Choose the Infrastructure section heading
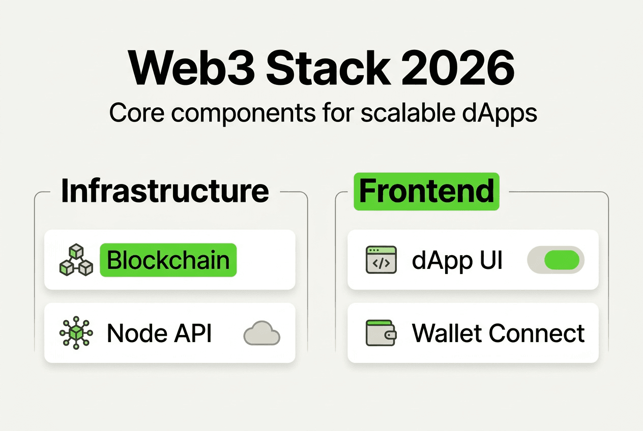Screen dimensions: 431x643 coord(165,191)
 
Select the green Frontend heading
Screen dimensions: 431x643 coord(426,191)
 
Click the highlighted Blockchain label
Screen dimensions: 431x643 coord(168,260)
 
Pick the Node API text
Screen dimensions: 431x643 coord(159,333)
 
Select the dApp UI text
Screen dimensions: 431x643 coord(457,260)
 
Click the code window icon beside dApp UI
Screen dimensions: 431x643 coord(381,260)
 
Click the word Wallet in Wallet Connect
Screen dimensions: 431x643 coord(446,333)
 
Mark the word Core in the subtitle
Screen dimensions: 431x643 coord(133,113)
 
